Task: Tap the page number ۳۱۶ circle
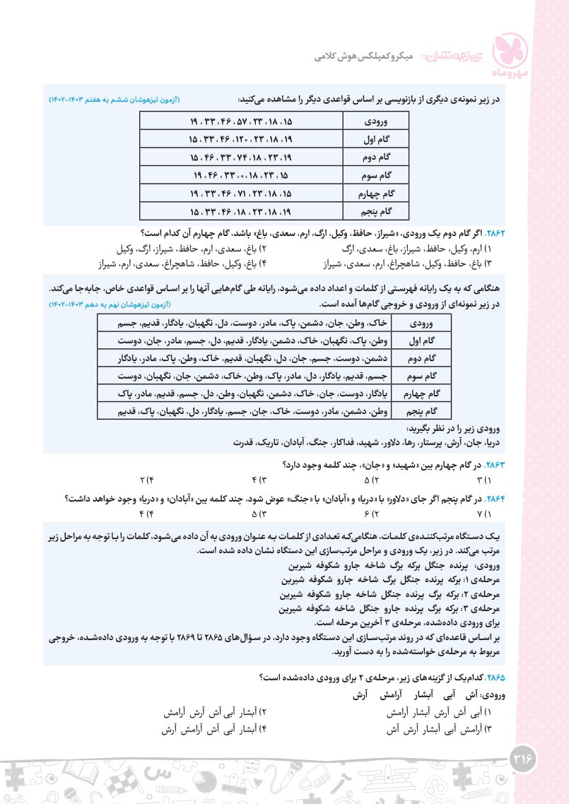tap(524, 761)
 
